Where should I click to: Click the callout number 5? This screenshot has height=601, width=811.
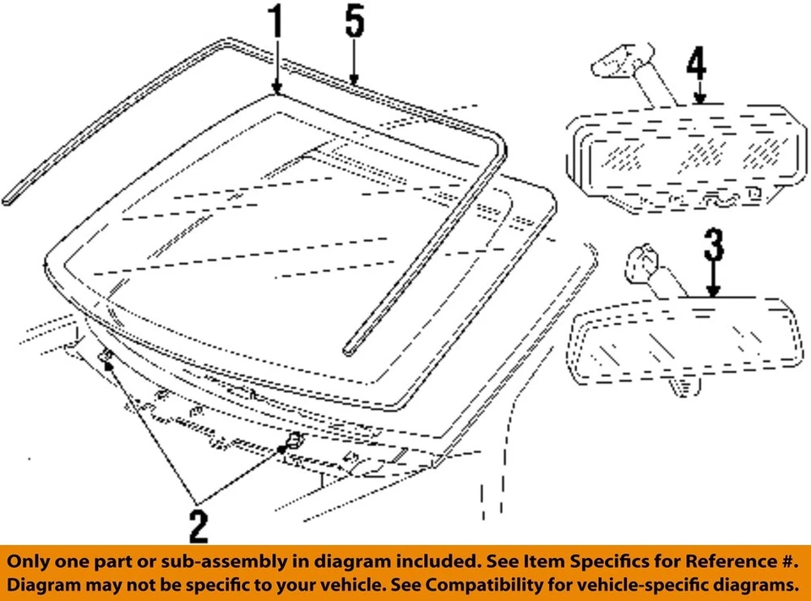pos(355,25)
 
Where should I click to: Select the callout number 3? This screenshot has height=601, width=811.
pos(714,247)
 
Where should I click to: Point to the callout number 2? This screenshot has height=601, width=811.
pos(199,525)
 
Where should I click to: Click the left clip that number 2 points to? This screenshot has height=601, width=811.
pos(106,360)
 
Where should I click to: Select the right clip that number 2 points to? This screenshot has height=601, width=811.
pos(292,440)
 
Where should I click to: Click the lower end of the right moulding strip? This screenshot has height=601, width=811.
pos(349,348)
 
